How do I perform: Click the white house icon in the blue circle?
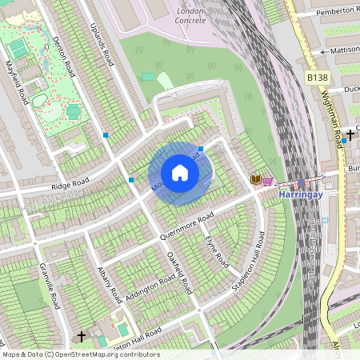click(180, 173)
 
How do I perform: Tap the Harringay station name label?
click(300, 194)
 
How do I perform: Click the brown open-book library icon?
click(256, 180)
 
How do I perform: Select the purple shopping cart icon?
click(267, 181)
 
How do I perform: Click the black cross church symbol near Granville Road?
click(81, 336)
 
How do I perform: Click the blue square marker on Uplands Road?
click(106, 135)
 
